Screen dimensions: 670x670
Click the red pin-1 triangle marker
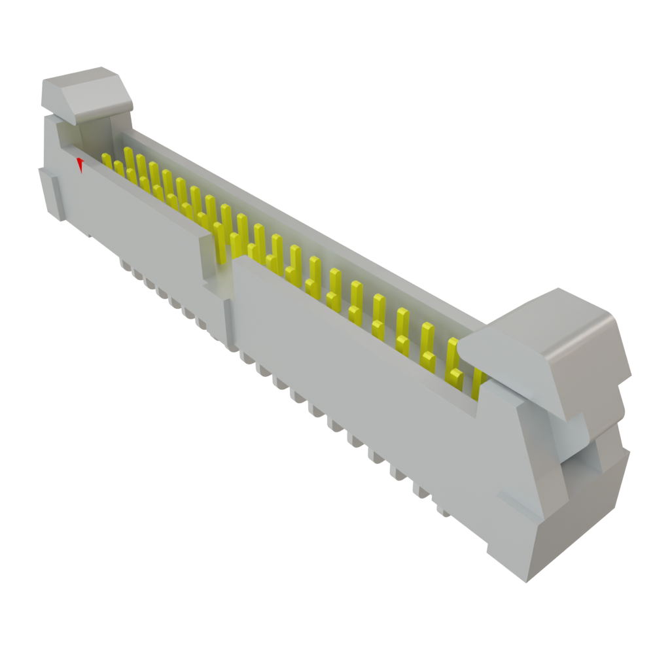(x=80, y=164)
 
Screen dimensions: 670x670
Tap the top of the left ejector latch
(x=82, y=77)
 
